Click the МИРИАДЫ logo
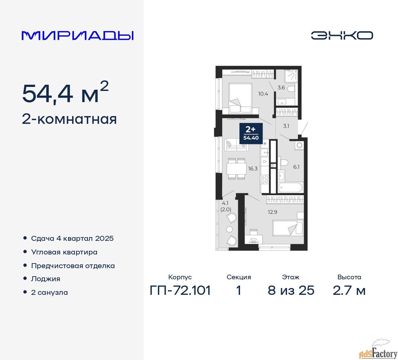coord(78,35)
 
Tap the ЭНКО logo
coord(342,35)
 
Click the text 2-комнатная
coord(69,119)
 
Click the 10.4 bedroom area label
coord(263,94)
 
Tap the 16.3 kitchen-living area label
coord(253,169)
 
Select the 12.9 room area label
coord(272,212)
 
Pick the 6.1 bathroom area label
coord(296,167)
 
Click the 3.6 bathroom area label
coord(281,88)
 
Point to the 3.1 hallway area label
coord(286,126)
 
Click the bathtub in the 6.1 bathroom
coord(290,187)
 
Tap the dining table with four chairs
coord(237,169)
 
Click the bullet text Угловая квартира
coord(64,252)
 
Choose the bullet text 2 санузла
coord(49,292)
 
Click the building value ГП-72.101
coord(180,290)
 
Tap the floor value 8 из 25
coord(291,290)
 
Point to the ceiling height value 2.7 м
coord(349,290)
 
